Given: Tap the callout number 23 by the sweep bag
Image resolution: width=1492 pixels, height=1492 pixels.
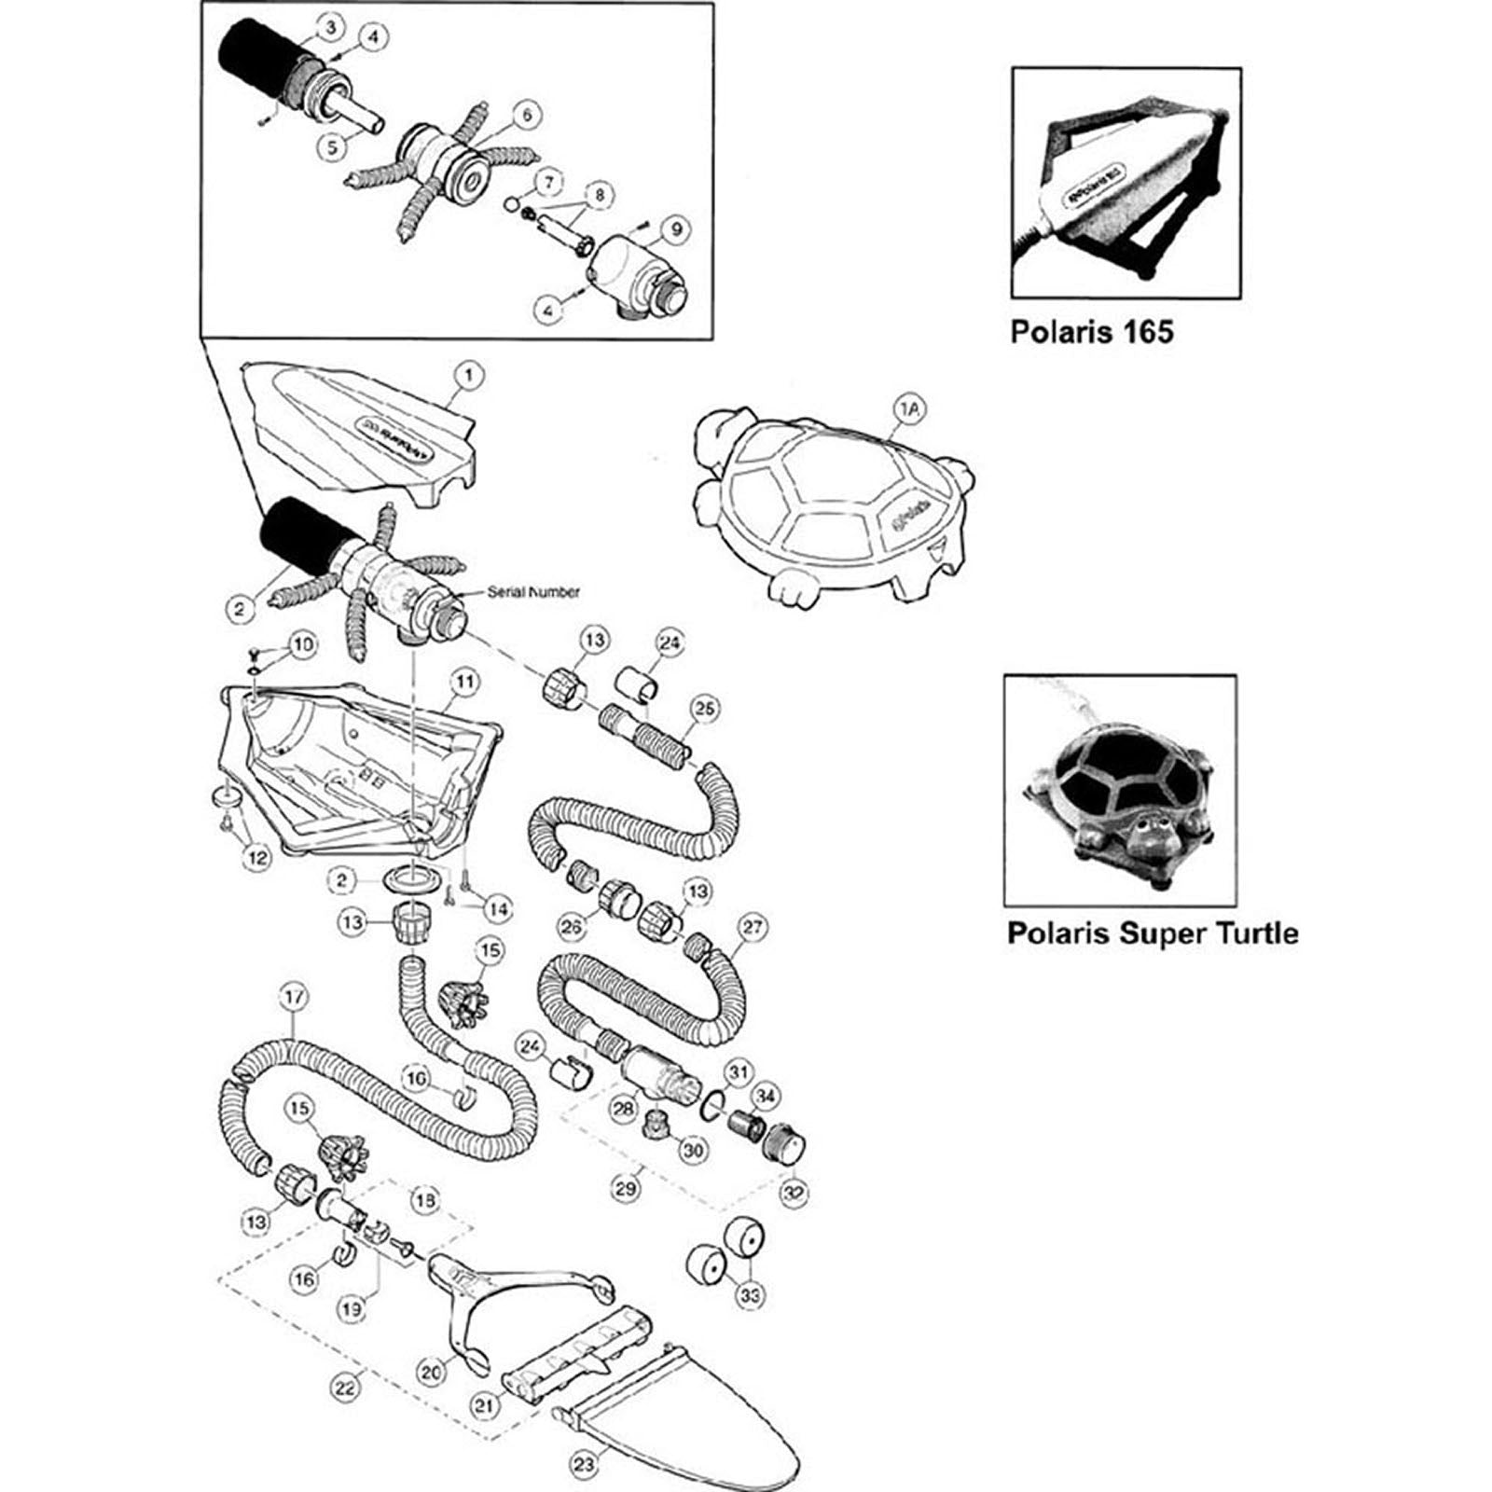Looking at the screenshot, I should pyautogui.click(x=584, y=1465).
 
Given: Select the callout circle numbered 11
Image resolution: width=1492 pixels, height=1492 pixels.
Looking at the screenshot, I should pyautogui.click(x=466, y=682).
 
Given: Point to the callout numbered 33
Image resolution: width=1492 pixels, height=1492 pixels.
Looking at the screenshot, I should pyautogui.click(x=749, y=1295).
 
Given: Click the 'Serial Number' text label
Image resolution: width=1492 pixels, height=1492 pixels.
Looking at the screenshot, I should pyautogui.click(x=533, y=591).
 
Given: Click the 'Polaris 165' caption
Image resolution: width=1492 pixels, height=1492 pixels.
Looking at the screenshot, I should pyautogui.click(x=1091, y=332).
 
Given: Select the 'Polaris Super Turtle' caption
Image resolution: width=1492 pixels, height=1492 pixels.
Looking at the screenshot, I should pyautogui.click(x=1152, y=932).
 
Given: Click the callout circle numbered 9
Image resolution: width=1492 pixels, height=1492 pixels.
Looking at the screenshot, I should pyautogui.click(x=675, y=228).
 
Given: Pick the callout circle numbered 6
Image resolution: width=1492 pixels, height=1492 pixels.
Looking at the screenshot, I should pyautogui.click(x=527, y=115).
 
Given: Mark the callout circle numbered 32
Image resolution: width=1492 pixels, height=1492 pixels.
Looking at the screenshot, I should pyautogui.click(x=794, y=1193).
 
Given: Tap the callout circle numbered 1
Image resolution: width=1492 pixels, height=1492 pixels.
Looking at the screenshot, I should pyautogui.click(x=468, y=376).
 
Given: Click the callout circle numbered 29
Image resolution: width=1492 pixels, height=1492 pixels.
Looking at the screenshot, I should pyautogui.click(x=627, y=1188).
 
